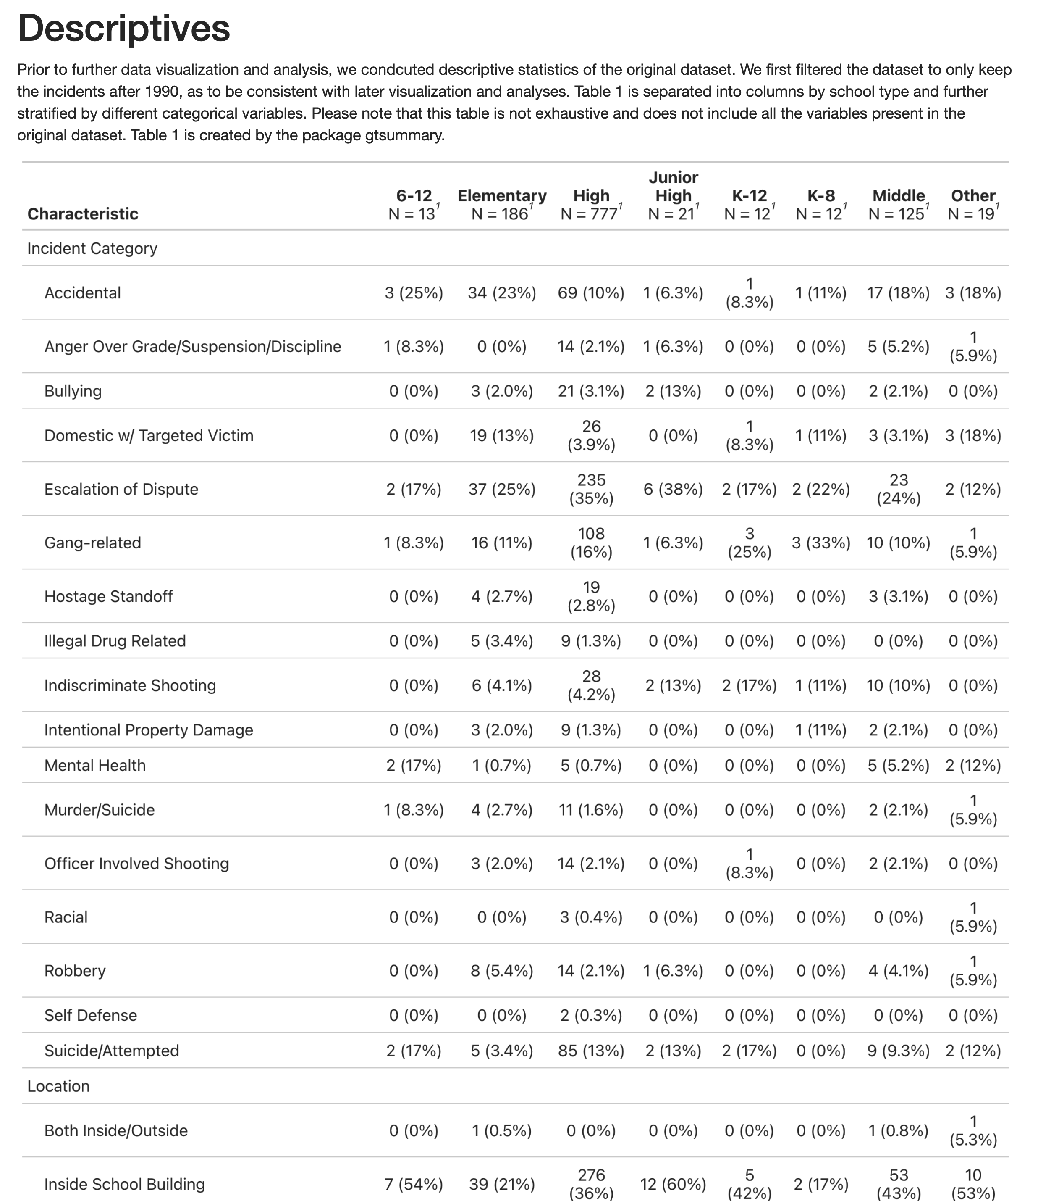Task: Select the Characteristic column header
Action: (x=83, y=214)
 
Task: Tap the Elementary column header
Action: (x=502, y=204)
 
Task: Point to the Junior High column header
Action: (x=673, y=195)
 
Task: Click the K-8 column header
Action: (x=821, y=204)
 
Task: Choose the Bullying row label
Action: (x=73, y=391)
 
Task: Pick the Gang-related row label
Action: (x=93, y=543)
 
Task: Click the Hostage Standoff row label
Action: (x=108, y=596)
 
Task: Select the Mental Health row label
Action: (x=95, y=766)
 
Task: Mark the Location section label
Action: (x=58, y=1086)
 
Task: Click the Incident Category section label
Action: (x=92, y=249)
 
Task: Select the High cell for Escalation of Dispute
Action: (x=591, y=489)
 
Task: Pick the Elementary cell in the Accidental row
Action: (x=502, y=293)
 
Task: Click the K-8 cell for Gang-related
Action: (x=821, y=543)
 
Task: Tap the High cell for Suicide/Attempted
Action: (x=591, y=1051)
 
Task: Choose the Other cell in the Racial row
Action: (x=973, y=918)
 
